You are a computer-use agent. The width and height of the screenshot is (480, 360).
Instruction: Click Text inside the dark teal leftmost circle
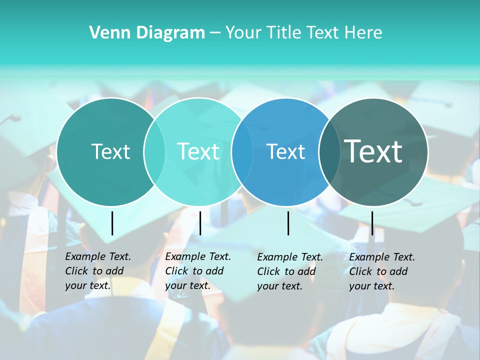tap(110, 151)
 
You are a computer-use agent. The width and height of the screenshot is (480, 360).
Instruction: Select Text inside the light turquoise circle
tap(198, 151)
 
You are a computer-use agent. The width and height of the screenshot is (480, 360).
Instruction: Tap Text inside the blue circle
tap(285, 151)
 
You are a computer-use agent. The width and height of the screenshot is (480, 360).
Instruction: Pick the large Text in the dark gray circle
tap(373, 151)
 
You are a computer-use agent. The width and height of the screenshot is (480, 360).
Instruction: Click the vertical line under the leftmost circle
tap(112, 223)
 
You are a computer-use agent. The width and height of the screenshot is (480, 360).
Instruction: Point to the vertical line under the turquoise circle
tap(200, 223)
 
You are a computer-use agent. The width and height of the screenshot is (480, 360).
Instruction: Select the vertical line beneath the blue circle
tap(288, 223)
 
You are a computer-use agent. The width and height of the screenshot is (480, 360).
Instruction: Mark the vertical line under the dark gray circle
tap(372, 223)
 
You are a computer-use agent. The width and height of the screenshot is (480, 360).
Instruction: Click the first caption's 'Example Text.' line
tap(98, 256)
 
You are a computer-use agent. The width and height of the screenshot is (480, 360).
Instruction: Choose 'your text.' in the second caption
tap(187, 286)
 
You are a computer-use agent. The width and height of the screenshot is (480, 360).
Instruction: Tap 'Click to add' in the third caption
tap(286, 271)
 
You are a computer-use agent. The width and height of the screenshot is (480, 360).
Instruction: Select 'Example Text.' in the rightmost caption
tap(382, 257)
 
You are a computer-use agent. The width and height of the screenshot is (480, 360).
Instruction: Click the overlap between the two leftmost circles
tap(154, 151)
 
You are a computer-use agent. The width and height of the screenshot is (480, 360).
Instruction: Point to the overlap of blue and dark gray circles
tap(329, 151)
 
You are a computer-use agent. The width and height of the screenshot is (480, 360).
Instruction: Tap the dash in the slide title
tap(215, 33)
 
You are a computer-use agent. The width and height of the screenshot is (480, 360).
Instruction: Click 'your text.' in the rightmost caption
tap(371, 286)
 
